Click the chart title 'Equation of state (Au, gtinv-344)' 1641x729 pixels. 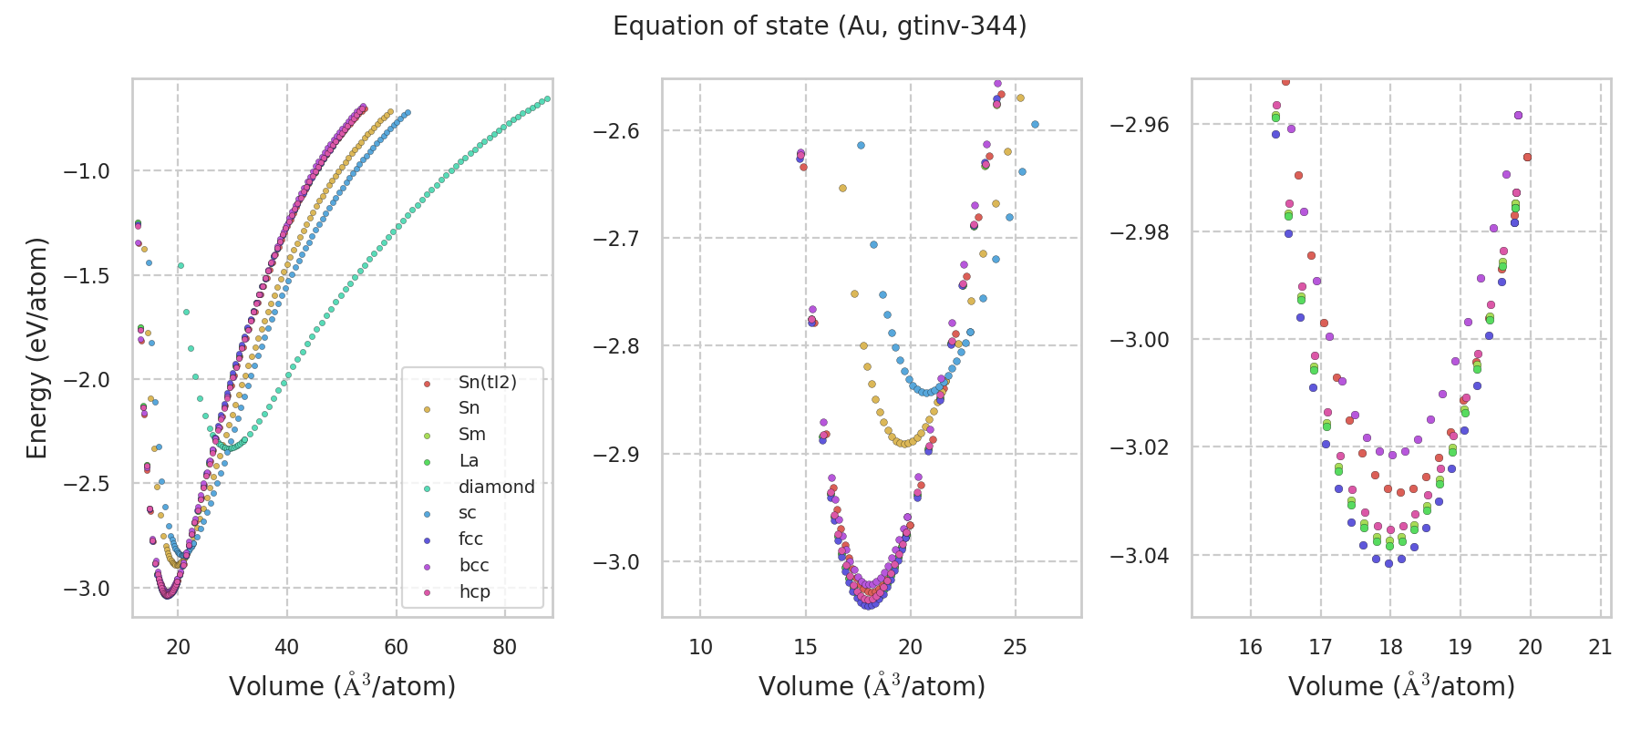820,26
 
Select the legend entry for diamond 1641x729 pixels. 496,487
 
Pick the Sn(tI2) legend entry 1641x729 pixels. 487,382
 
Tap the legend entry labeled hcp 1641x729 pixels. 474,591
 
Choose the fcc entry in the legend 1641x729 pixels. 470,539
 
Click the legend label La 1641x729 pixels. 469,460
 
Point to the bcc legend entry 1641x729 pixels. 474,565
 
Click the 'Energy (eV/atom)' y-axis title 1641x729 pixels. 36,348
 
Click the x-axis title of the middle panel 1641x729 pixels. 872,686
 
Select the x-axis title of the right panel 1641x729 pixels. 1401,686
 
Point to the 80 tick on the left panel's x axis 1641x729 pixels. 504,648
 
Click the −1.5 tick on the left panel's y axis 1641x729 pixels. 87,275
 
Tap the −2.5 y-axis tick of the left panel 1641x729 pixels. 87,484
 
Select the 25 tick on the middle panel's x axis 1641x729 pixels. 1015,648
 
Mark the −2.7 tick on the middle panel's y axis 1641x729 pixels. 616,239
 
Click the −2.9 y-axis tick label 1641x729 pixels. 616,454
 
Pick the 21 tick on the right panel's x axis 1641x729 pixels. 1600,648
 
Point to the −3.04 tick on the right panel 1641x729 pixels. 1140,555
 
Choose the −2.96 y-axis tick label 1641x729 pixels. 1140,124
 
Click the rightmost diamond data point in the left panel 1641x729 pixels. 547,98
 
